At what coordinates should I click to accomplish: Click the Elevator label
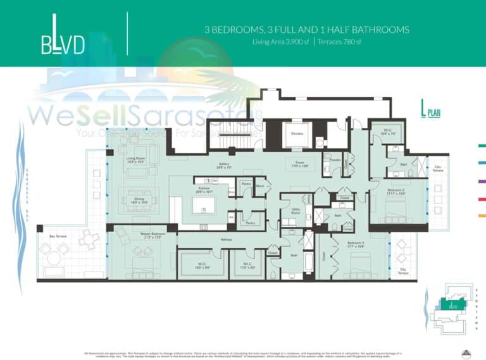(297, 133)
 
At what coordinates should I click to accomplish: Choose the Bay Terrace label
(58, 236)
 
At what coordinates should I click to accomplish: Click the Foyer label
(300, 163)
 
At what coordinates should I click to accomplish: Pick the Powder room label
(335, 160)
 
